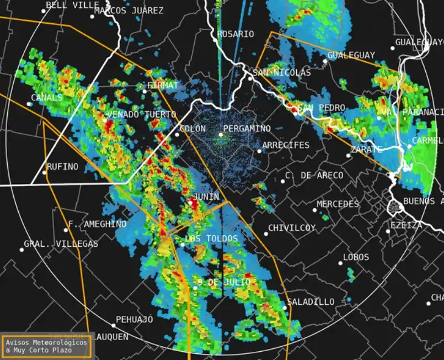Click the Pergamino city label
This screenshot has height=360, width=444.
tap(247, 129)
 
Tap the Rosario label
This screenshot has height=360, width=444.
tap(236, 34)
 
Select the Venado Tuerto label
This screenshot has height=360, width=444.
tap(141, 115)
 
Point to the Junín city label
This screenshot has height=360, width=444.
tap(206, 197)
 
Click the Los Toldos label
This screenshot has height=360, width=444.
tap(211, 239)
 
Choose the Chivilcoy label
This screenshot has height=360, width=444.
tap(292, 228)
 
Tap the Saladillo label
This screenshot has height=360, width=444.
tap(311, 302)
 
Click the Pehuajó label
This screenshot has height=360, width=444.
tap(135, 320)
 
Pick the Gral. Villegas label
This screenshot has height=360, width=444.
tap(61, 244)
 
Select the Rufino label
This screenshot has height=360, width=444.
tap(62, 167)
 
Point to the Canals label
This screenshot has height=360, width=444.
tap(47, 98)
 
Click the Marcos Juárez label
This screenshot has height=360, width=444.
tap(129, 10)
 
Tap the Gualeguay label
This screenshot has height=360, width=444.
tap(351, 55)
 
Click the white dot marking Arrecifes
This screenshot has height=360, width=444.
tap(259, 151)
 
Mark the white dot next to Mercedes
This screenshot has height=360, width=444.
tap(314, 210)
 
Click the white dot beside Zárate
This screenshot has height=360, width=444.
tap(348, 155)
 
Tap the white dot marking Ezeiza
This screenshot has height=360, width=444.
tap(388, 231)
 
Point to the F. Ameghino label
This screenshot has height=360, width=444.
tap(97, 224)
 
